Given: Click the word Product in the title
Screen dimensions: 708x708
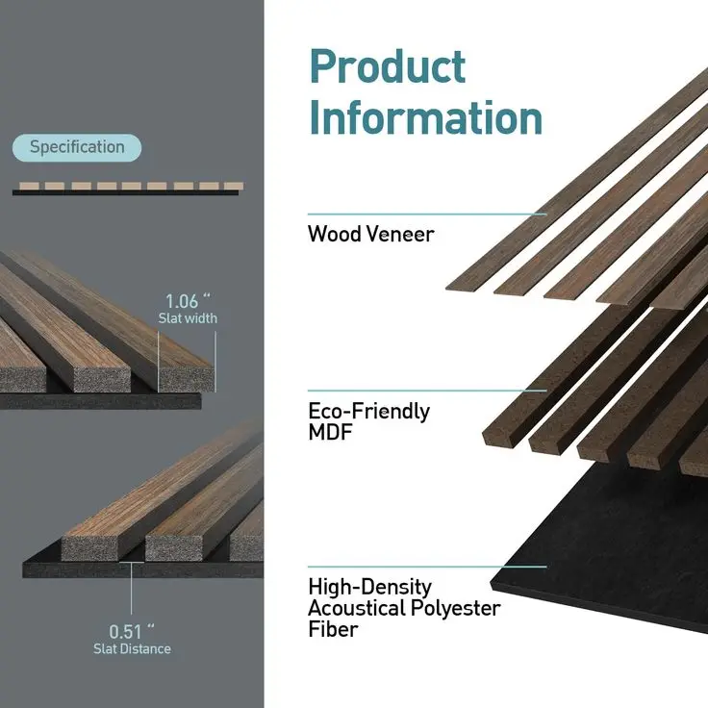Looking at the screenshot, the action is point(388,67).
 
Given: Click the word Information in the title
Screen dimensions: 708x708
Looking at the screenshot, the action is point(425,117).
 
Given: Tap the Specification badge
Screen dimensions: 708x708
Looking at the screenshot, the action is point(77,147).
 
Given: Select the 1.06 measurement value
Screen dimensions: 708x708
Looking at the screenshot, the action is point(187,299).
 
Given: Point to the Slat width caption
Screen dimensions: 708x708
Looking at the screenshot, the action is point(188,318).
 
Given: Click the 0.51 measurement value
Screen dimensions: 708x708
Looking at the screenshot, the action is point(131,631).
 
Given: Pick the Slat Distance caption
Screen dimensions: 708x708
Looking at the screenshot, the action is point(132,649).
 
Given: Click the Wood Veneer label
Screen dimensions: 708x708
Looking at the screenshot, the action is point(370,234).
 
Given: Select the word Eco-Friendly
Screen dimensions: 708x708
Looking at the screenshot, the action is point(368,412).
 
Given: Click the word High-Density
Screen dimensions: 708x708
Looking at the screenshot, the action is point(369,587).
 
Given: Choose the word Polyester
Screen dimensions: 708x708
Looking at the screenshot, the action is point(456,608).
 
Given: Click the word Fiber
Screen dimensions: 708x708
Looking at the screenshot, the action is point(332,630).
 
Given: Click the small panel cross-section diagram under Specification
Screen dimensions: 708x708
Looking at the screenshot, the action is point(125,189).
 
